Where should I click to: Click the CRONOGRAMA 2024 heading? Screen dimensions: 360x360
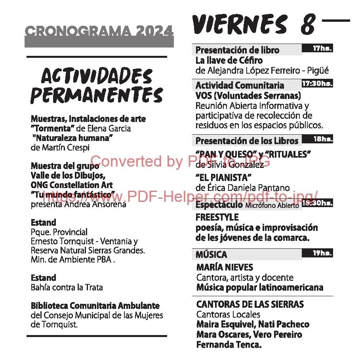[x=99, y=31]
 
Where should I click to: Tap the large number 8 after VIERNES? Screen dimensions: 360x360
[x=308, y=25]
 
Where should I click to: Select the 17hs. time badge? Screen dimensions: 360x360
[x=322, y=48]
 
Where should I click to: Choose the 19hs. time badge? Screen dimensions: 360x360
[x=322, y=253]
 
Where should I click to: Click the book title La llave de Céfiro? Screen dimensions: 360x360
[x=229, y=61]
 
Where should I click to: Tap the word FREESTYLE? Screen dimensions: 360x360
[x=217, y=217]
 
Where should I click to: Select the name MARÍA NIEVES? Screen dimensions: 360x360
[x=225, y=267]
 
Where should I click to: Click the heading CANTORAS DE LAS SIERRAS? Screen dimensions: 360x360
[x=250, y=305]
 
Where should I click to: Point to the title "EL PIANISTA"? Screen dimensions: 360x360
[x=224, y=177]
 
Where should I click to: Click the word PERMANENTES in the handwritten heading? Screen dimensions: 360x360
[x=97, y=95]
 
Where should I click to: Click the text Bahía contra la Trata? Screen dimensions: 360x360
[x=67, y=287]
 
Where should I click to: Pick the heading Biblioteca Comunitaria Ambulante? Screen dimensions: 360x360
[x=95, y=306]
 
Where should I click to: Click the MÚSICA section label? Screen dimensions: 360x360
[x=211, y=254]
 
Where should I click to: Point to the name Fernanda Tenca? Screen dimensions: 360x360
[x=229, y=345]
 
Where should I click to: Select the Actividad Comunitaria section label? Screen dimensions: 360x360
[x=240, y=85]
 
